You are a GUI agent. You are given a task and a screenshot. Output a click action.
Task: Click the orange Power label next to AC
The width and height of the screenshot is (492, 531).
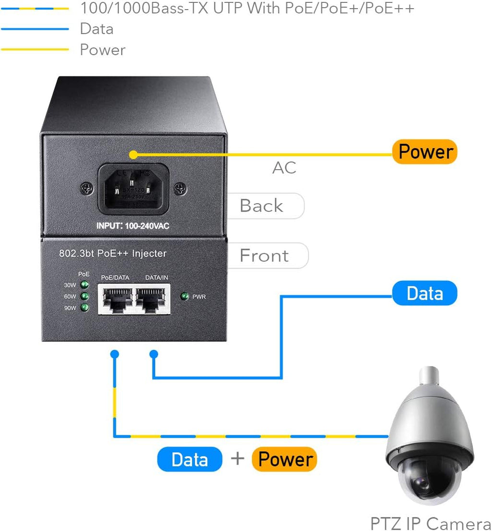tap(425, 152)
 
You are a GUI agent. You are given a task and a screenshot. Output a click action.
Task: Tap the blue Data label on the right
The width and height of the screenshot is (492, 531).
tap(424, 293)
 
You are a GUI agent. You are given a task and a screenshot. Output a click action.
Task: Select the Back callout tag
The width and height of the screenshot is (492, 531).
tap(262, 206)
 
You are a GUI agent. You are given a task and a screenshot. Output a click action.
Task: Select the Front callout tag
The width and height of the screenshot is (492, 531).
tap(265, 256)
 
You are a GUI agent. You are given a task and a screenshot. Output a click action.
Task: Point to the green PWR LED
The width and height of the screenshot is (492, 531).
tap(184, 296)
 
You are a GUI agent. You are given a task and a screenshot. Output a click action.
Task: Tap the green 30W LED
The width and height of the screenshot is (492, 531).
tap(85, 284)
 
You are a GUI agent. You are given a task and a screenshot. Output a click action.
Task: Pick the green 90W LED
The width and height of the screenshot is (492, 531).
tap(85, 308)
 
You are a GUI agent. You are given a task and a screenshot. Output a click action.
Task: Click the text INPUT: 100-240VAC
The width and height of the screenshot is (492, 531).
tap(133, 225)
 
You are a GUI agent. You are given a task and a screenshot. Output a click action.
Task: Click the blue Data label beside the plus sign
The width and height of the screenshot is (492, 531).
tap(190, 459)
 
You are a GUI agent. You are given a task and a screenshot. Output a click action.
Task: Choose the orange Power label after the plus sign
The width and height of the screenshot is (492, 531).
tap(285, 459)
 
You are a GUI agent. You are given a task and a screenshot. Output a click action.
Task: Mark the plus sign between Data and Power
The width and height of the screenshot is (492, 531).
tap(237, 459)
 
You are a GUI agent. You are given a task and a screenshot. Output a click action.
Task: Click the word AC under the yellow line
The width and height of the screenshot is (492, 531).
tap(284, 168)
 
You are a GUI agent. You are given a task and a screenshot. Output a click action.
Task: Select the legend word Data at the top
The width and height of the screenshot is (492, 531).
tap(97, 29)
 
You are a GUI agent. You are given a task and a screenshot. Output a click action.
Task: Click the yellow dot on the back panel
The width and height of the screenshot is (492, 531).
tap(133, 154)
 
